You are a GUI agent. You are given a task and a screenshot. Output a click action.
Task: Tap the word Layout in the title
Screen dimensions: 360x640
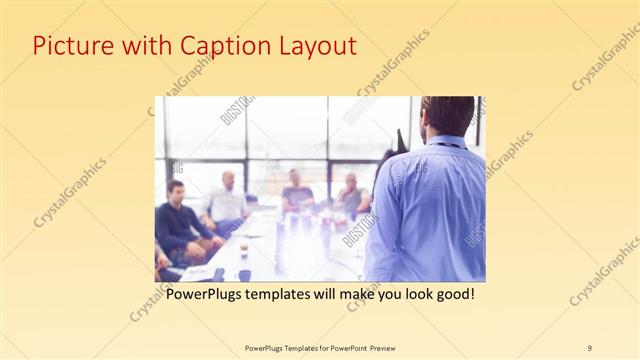(313, 46)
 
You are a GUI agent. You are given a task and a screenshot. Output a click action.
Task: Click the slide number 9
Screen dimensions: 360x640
(590, 347)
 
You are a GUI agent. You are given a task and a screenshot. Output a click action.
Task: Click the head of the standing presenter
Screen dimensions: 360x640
(447, 116)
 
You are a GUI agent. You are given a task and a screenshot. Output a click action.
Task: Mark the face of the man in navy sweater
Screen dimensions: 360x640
(177, 192)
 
